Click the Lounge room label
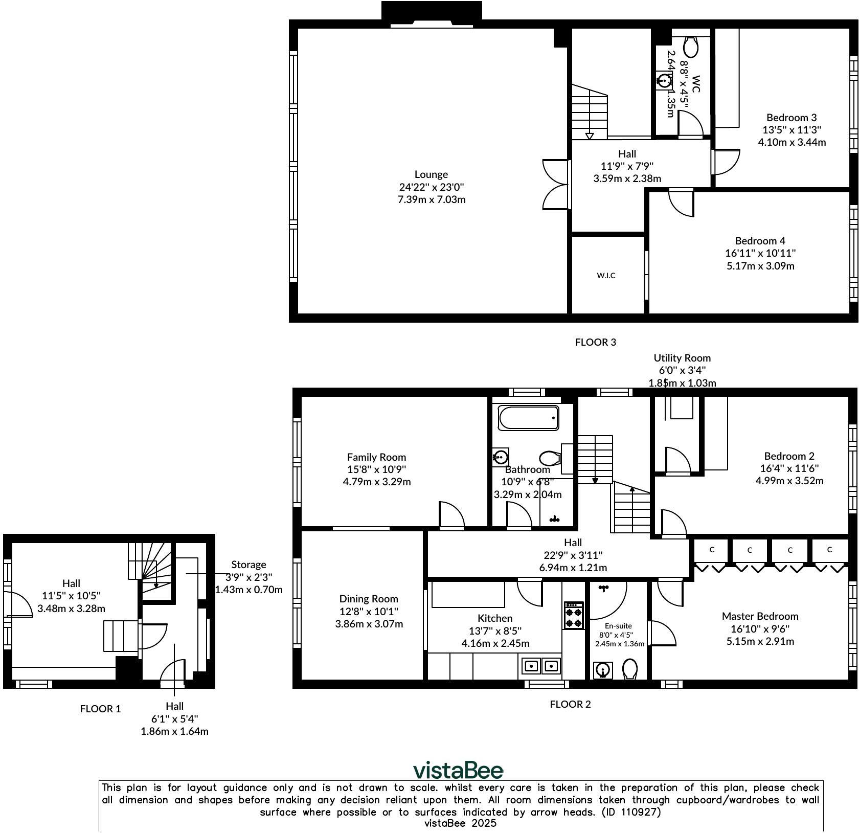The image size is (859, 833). (x=431, y=174)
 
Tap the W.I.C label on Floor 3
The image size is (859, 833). (x=606, y=276)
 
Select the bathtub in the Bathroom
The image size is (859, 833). (x=529, y=418)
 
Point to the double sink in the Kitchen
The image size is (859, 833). (x=541, y=666)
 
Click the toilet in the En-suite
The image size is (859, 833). (x=629, y=669)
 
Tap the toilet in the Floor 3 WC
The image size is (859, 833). (x=691, y=47)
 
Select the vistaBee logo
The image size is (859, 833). (x=458, y=770)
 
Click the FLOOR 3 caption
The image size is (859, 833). (x=595, y=342)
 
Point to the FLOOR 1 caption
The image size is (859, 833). (x=100, y=709)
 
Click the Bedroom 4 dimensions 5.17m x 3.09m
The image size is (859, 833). (x=760, y=266)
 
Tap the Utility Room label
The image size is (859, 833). (x=682, y=358)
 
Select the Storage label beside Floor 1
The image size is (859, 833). (x=248, y=565)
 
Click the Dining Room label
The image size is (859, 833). (x=368, y=599)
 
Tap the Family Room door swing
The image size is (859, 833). (x=451, y=514)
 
